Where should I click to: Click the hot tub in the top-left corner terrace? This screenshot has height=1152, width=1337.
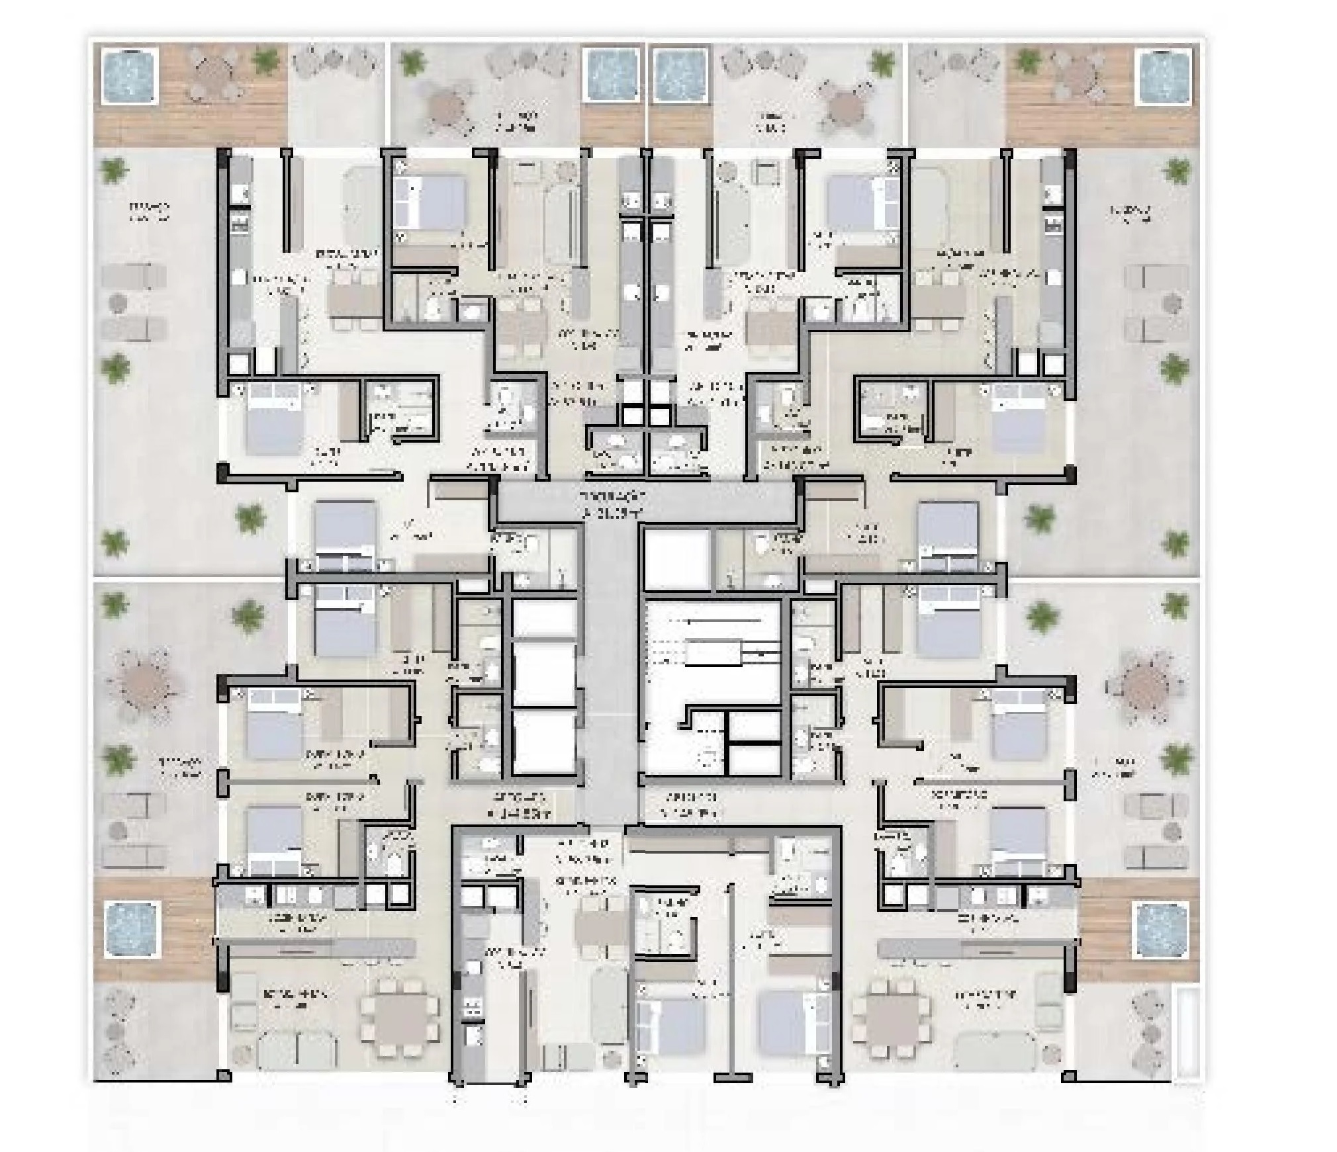click(130, 75)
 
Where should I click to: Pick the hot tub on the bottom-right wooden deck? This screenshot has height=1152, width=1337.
click(1163, 930)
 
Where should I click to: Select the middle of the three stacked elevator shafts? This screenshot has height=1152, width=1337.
click(543, 676)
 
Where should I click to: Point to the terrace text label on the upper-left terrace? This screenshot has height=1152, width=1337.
click(148, 212)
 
